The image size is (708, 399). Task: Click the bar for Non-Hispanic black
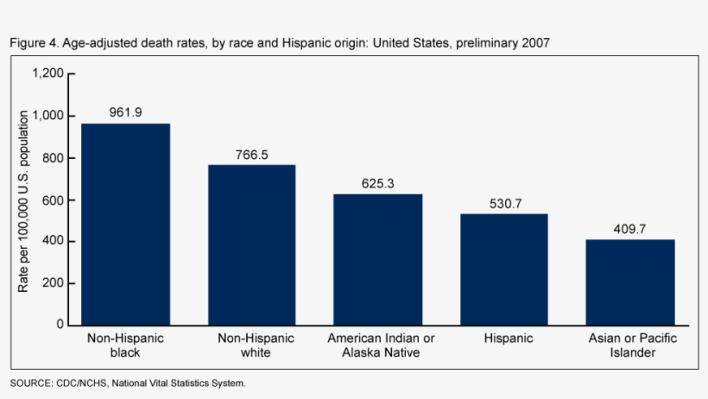(x=125, y=225)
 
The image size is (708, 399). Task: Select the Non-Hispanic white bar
(x=252, y=245)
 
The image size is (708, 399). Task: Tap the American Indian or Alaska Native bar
(x=378, y=260)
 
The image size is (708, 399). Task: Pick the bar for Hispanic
(x=504, y=269)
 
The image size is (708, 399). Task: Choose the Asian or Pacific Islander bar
(x=630, y=282)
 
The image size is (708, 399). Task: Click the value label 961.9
(x=125, y=112)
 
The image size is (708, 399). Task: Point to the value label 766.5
(x=252, y=155)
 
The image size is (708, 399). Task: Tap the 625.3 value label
(x=378, y=183)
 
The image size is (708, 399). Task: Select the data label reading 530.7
(x=506, y=204)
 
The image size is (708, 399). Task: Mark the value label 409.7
(x=630, y=229)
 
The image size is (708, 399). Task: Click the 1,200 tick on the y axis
(x=47, y=73)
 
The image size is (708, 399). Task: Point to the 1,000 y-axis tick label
(x=47, y=116)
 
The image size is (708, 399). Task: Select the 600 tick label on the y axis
(x=53, y=200)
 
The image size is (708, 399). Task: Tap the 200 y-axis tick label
(x=53, y=283)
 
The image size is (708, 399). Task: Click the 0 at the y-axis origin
(x=60, y=324)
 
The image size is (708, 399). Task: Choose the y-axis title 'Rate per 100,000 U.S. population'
(x=22, y=201)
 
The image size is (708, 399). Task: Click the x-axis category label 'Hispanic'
(x=509, y=339)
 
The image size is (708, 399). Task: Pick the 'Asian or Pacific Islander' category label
(x=633, y=345)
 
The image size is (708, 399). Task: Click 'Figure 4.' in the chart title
(x=35, y=43)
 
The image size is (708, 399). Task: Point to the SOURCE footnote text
(x=128, y=383)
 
